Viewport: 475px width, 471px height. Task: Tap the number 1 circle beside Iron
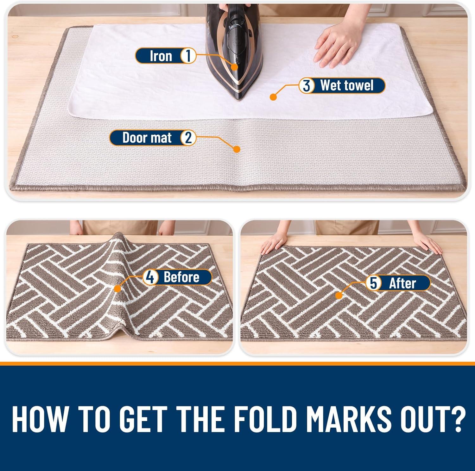pyautogui.click(x=188, y=56)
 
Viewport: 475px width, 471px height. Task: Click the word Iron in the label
pyautogui.click(x=161, y=56)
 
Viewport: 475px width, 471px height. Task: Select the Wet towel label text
pyautogui.click(x=347, y=85)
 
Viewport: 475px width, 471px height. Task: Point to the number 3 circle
pyautogui.click(x=307, y=86)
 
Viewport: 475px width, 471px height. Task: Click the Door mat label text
pyautogui.click(x=147, y=138)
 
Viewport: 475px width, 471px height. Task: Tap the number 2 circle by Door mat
pyautogui.click(x=188, y=138)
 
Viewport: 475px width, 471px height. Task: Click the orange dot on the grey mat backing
pyautogui.click(x=236, y=149)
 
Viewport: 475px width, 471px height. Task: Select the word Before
pyautogui.click(x=181, y=277)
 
